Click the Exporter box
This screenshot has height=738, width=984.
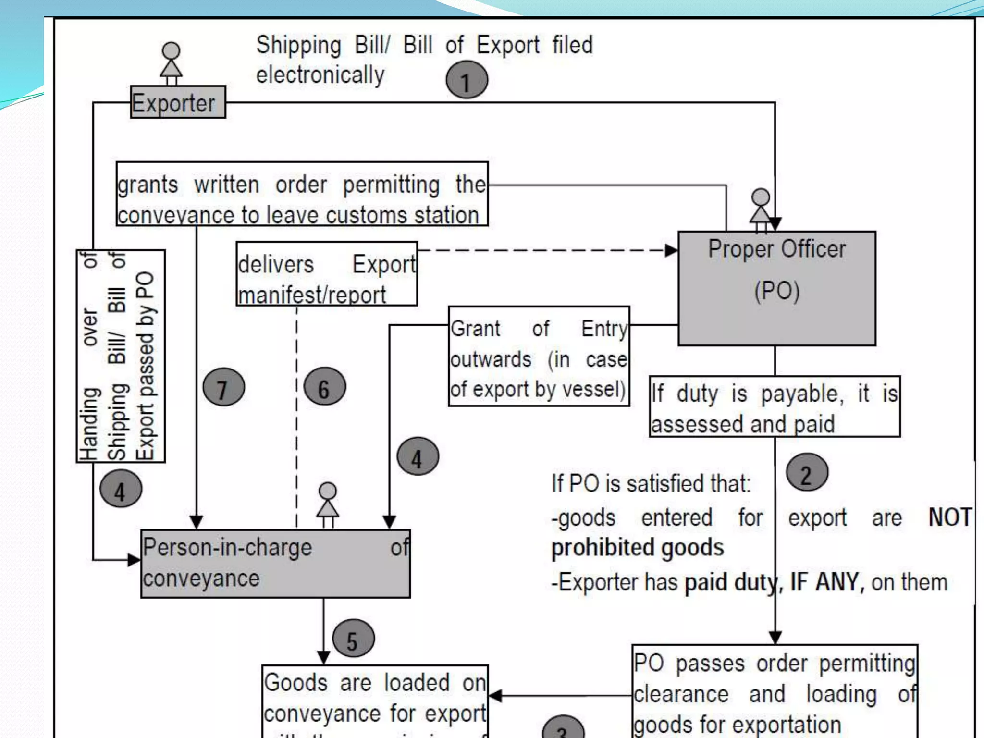pos(178,102)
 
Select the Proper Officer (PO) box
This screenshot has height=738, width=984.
pos(776,288)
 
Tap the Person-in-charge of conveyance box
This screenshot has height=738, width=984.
pos(275,564)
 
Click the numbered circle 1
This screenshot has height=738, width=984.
pos(467,80)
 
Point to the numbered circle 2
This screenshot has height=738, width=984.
pos(807,473)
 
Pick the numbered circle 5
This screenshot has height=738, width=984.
pos(353,639)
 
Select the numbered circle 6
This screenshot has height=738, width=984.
pos(325,387)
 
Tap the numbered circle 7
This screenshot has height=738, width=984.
pos(223,387)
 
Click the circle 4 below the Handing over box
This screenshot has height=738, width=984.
pos(121,490)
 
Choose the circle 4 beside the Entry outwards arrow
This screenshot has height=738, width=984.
pos(418,457)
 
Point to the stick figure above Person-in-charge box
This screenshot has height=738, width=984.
pos(328,504)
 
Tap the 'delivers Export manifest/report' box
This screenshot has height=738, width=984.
pos(327,274)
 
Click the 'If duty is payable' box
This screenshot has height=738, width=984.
pos(775,407)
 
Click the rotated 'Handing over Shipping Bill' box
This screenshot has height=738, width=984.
pos(121,356)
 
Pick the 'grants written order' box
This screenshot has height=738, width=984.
pos(302,194)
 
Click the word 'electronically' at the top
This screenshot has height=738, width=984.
pos(320,75)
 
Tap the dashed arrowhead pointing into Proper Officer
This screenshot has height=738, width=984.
pos(671,250)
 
